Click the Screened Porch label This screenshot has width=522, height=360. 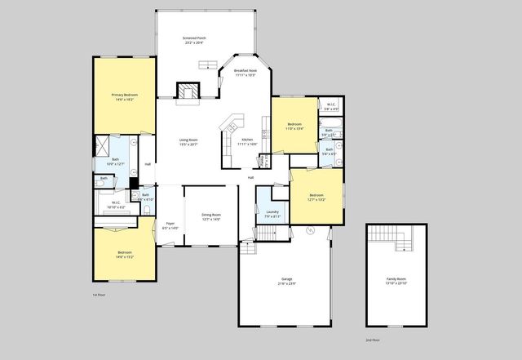[x=193, y=40]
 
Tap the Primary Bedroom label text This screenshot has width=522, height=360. [x=125, y=98]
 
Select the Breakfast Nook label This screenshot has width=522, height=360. [x=246, y=73]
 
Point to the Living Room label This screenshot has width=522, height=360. [x=188, y=142]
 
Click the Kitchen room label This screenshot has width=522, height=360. [x=246, y=142]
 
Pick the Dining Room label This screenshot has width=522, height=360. [x=211, y=217]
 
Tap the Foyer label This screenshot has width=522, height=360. [x=170, y=225]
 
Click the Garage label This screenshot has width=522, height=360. [x=286, y=282]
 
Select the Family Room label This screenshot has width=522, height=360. [x=396, y=281]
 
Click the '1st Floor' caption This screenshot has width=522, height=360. [x=100, y=294]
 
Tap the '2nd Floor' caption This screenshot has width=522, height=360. [x=373, y=340]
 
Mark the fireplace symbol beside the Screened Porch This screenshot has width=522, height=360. [x=189, y=91]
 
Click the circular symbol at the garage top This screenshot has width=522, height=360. [x=310, y=231]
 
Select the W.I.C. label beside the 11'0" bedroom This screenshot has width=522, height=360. [x=332, y=106]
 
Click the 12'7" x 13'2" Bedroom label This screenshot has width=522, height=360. [x=316, y=197]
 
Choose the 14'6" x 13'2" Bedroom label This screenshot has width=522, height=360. [x=125, y=255]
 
